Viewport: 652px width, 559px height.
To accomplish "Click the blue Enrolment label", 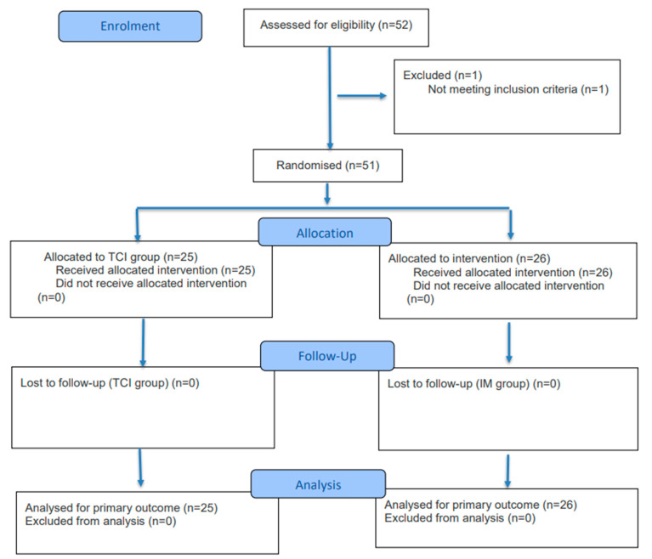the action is coord(130,26).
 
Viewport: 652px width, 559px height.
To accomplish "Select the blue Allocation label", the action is coord(325,232).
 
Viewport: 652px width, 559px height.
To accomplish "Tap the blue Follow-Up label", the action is coord(327,356).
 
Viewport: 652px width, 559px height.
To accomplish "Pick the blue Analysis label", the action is coord(318,483).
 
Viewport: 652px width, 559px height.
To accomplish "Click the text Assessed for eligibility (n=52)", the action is coord(336,25).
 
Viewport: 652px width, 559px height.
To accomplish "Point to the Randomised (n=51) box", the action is coord(327,166).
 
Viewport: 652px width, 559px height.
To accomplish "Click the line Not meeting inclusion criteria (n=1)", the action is coord(518,89).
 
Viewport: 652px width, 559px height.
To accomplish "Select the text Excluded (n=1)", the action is coord(442,76).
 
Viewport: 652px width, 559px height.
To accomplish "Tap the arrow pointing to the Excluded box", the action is coord(362,96).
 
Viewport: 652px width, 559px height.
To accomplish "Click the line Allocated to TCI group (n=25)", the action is coord(121,257).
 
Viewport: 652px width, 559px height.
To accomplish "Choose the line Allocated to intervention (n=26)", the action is coord(469,258).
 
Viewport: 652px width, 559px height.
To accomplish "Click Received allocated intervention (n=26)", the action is coord(513,272).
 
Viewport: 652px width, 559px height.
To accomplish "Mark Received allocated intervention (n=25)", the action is coord(155,270).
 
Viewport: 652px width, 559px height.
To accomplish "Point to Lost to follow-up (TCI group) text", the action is coord(110,383).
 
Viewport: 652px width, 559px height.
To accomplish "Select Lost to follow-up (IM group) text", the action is coord(473,384).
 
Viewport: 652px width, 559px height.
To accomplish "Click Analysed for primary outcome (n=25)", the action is coord(121,508).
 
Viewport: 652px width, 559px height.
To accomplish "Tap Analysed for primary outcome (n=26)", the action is coord(480,505).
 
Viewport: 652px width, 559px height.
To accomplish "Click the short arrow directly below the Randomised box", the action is coord(327,194).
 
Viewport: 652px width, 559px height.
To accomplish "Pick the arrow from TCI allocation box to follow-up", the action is coord(143,343).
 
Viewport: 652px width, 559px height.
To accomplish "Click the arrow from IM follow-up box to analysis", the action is coord(507,471).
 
